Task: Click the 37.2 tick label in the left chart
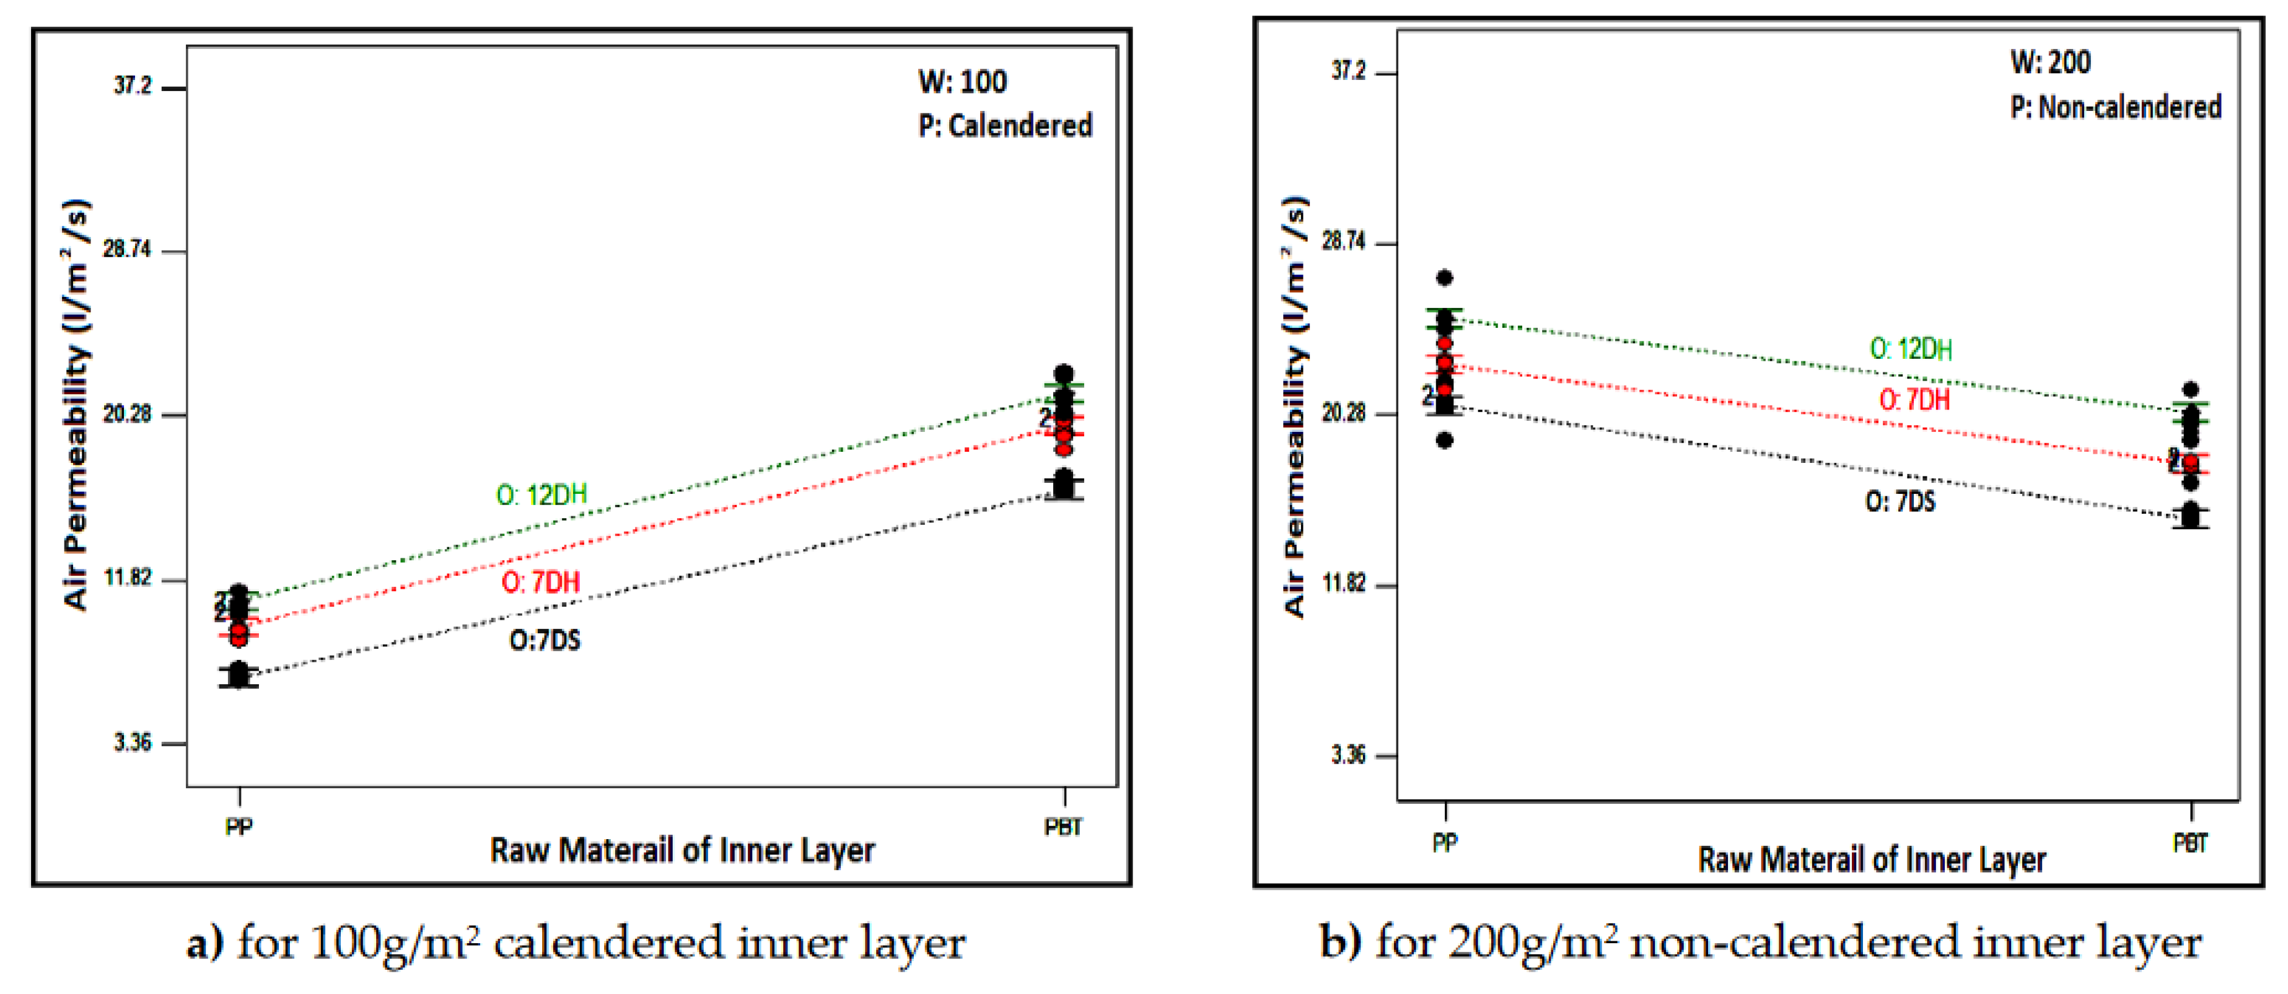point(133,86)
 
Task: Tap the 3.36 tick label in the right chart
point(1348,755)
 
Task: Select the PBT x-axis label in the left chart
point(1063,827)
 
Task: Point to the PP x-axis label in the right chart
point(1444,842)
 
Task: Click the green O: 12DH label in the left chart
point(541,495)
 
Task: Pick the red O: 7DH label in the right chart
point(1914,400)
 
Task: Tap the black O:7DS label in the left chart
point(545,640)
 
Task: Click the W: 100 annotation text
point(962,82)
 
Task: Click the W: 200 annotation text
point(2050,62)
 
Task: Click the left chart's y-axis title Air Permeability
point(76,404)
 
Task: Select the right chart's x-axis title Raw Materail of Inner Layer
point(1872,860)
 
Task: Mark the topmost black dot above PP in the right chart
point(1444,278)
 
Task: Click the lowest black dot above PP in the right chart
point(1444,440)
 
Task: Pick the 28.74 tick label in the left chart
point(127,250)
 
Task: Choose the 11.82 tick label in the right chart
point(1343,584)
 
